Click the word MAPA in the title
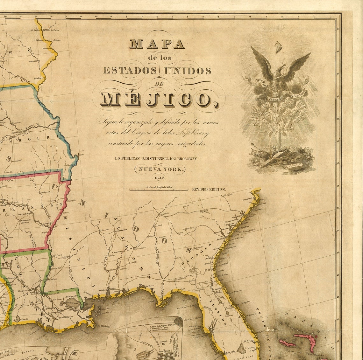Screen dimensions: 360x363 (157, 44)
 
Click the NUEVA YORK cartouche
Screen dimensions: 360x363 (160, 169)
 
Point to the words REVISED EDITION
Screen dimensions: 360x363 (209, 189)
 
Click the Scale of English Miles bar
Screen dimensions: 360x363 (159, 189)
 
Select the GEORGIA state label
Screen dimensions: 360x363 (196, 254)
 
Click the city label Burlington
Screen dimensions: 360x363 (39, 78)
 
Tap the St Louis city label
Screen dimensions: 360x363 (53, 129)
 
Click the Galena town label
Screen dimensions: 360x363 (57, 40)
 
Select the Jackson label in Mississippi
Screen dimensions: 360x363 (65, 257)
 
